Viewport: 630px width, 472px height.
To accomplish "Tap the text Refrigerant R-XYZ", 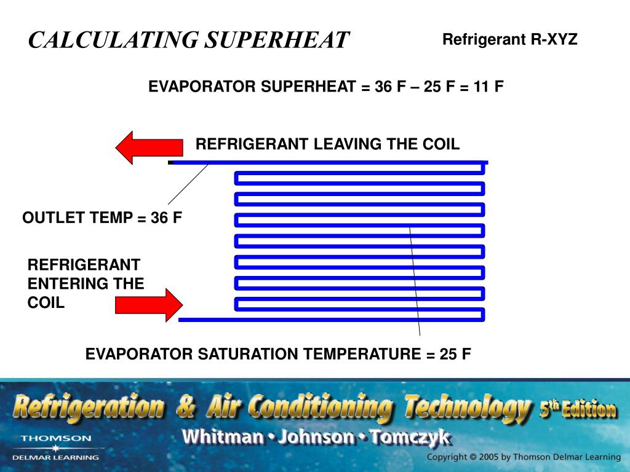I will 510,41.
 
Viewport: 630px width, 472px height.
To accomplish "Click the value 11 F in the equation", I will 488,87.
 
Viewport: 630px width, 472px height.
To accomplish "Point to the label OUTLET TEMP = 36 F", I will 103,218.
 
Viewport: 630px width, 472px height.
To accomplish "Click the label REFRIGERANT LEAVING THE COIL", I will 327,144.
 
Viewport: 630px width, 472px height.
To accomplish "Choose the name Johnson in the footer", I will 316,438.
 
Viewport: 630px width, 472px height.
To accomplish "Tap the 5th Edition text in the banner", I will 577,409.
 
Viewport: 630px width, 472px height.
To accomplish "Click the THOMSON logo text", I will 56,438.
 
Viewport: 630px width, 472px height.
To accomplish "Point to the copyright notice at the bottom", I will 524,457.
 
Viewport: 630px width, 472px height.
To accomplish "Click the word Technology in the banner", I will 467,408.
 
